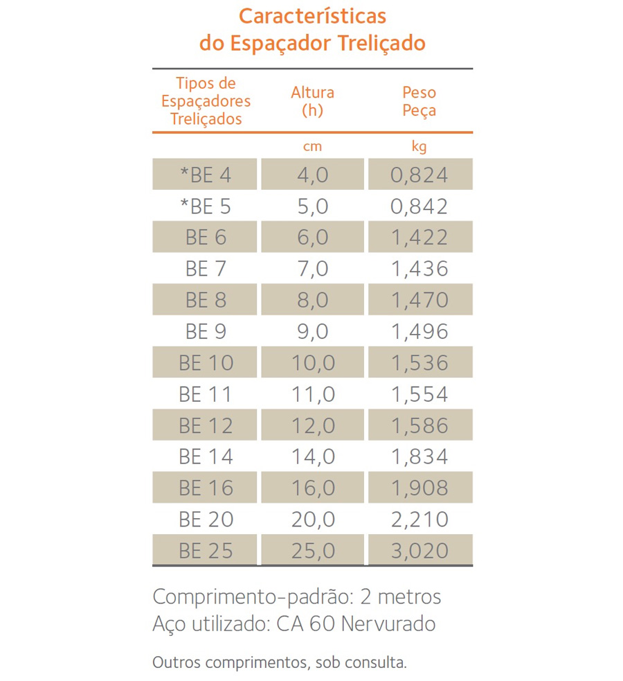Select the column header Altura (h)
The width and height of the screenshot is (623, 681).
click(x=312, y=100)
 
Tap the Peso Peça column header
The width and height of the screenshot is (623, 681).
click(x=419, y=100)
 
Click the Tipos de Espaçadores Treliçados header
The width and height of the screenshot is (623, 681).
click(x=206, y=101)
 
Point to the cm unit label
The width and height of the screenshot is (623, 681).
click(x=312, y=147)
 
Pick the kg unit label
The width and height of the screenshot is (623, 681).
click(x=419, y=147)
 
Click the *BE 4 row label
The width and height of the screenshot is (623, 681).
click(x=206, y=175)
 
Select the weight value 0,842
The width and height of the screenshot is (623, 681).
click(x=419, y=206)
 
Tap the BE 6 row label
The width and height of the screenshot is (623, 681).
click(x=206, y=238)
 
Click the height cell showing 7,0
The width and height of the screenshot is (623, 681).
click(x=312, y=269)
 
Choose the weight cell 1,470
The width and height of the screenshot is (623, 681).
click(x=419, y=300)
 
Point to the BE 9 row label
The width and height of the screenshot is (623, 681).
click(x=206, y=332)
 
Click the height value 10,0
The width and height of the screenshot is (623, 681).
click(x=312, y=363)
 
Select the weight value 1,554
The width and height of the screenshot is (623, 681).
click(x=419, y=394)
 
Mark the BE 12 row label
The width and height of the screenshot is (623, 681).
click(x=206, y=425)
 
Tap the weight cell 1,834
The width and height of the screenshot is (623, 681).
click(x=419, y=457)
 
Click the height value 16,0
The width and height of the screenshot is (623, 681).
click(x=312, y=488)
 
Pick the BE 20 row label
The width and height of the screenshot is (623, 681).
click(x=206, y=520)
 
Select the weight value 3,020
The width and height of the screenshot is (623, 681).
click(x=419, y=551)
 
